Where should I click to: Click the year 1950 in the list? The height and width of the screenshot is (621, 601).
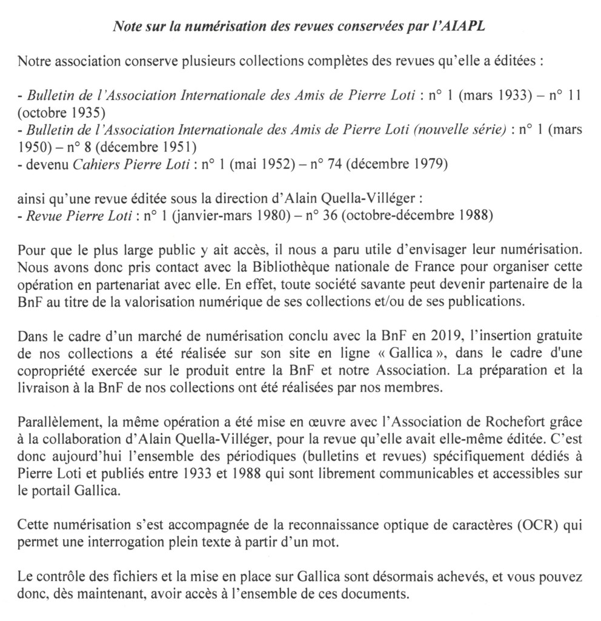click(35, 147)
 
